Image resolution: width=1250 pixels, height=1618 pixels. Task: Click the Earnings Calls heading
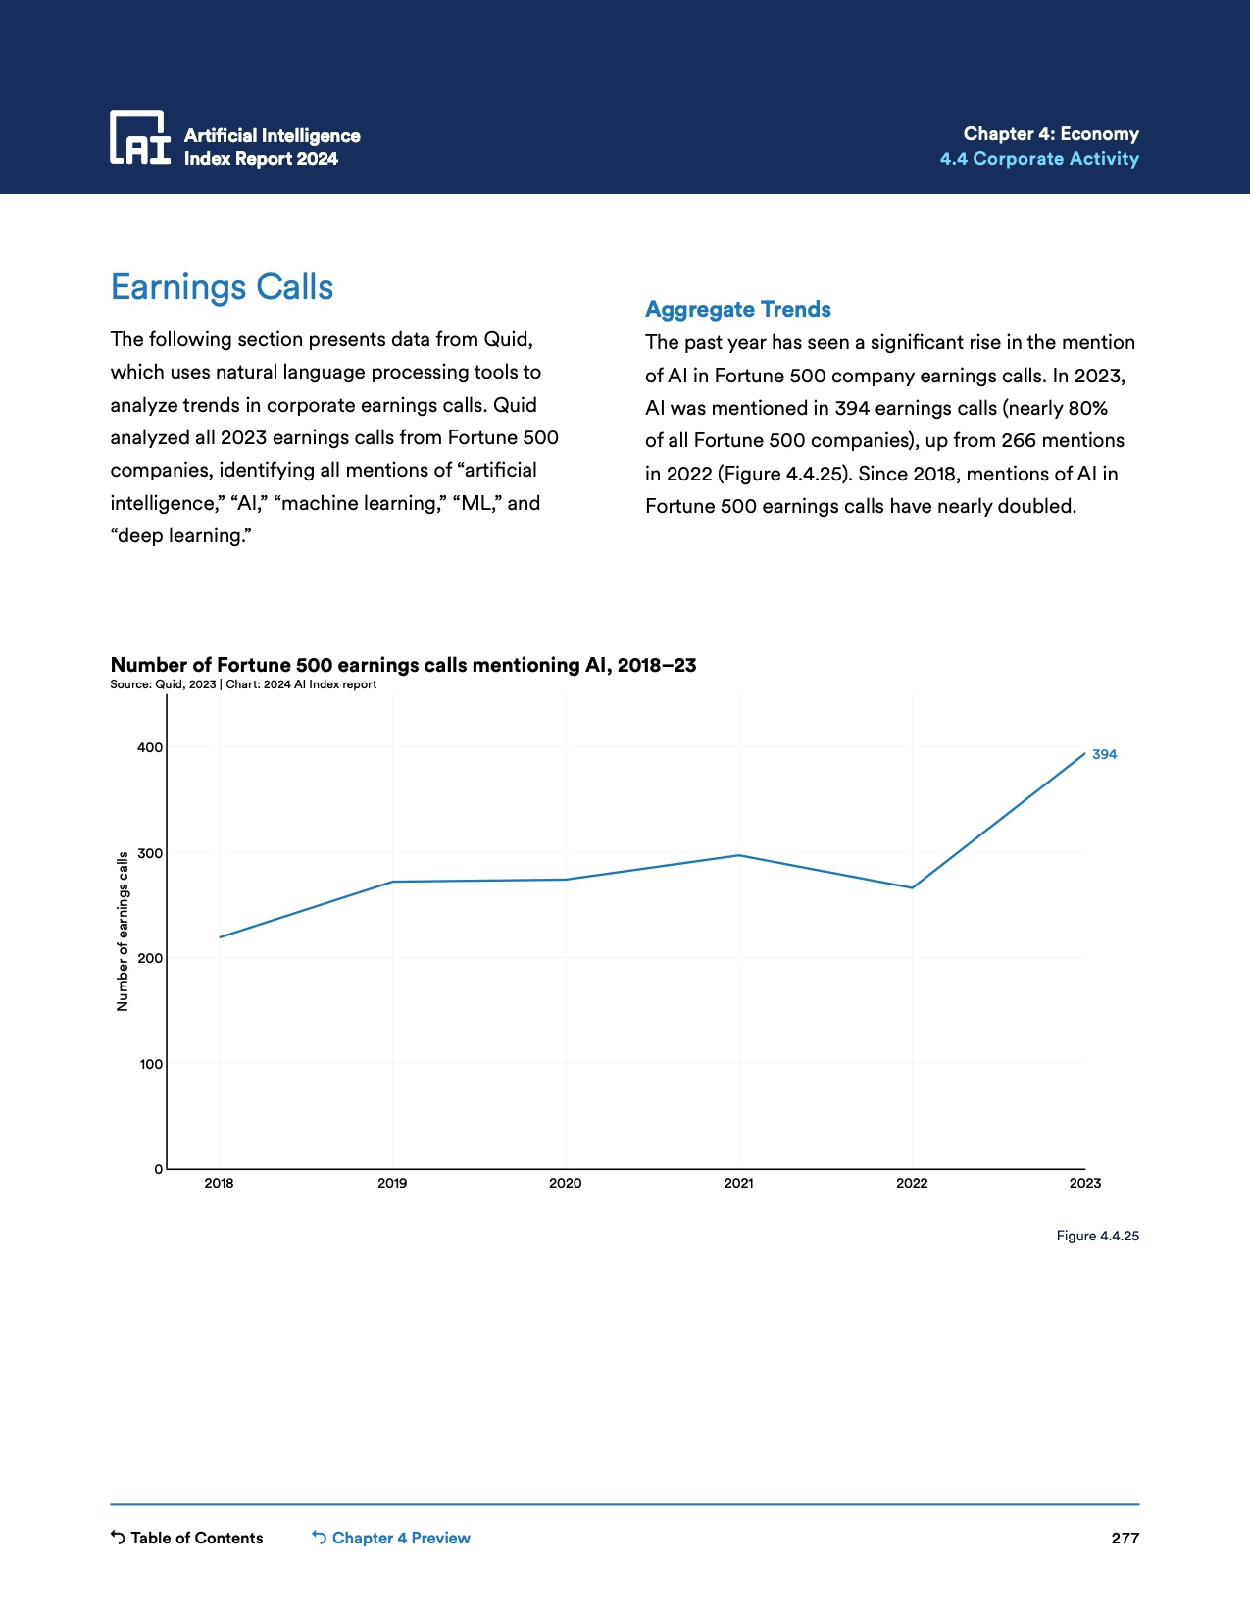click(x=222, y=287)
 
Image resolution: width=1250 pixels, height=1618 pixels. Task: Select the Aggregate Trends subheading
click(x=737, y=309)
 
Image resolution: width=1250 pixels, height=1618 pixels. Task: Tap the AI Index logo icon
click(x=139, y=137)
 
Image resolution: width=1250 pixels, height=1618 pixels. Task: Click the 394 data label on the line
click(x=1104, y=754)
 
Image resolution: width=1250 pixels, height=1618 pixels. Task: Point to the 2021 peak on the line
click(x=739, y=855)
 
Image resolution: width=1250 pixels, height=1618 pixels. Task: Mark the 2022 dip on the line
click(x=912, y=887)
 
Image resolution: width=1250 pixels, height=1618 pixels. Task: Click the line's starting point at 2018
click(x=220, y=936)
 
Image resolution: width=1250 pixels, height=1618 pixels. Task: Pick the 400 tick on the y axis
click(x=150, y=747)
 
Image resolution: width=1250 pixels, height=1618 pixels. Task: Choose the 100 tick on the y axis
click(x=151, y=1064)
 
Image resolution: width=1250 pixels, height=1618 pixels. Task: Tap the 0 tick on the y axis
click(x=158, y=1169)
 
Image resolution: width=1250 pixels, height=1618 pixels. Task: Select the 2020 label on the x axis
click(x=565, y=1183)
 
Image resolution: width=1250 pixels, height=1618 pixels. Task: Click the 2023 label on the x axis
click(x=1084, y=1183)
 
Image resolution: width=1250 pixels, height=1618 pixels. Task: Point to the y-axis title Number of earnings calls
click(x=123, y=932)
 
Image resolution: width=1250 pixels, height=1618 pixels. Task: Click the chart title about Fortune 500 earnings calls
click(x=403, y=665)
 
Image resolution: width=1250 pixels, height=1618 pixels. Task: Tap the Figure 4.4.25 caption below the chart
click(x=1097, y=1236)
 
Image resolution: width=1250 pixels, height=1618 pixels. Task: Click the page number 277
click(x=1125, y=1538)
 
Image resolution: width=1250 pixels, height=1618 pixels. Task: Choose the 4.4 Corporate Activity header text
click(x=1039, y=159)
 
